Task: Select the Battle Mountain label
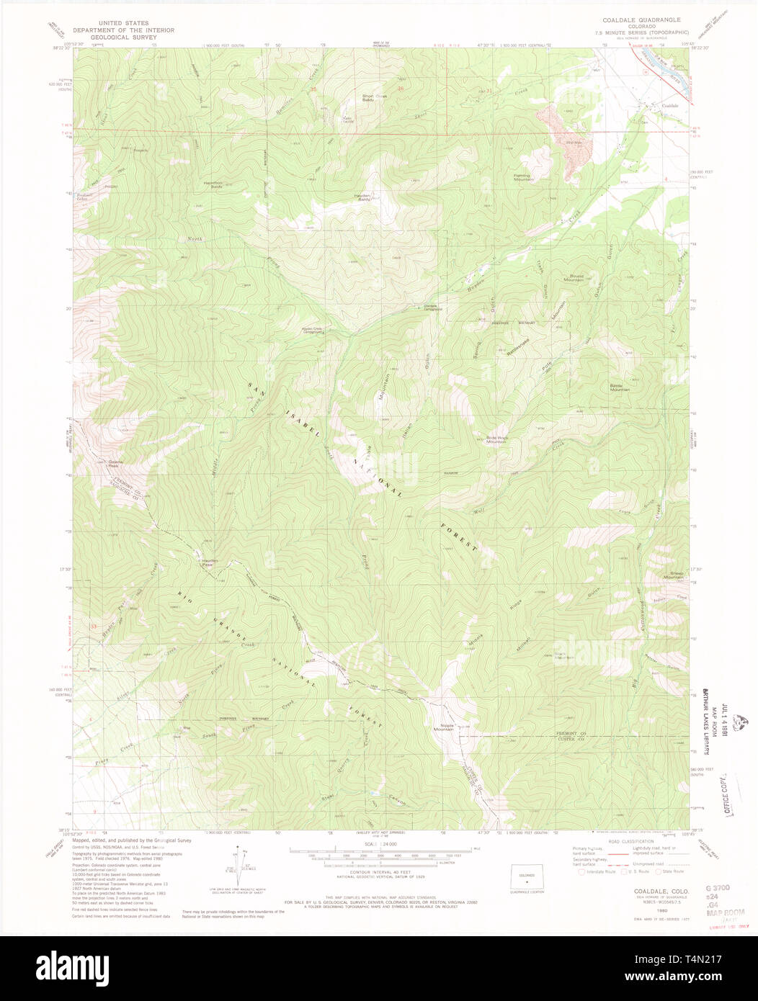point(620,387)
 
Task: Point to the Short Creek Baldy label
point(374,98)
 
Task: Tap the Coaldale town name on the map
point(670,106)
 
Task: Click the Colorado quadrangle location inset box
point(527,876)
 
